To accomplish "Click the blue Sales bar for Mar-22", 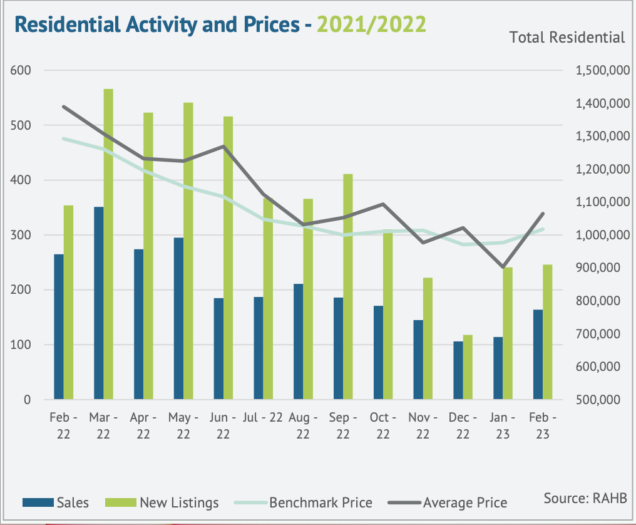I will click(x=98, y=303).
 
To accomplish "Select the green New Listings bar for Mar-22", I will click(x=108, y=244).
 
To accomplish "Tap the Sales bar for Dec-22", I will click(x=458, y=370).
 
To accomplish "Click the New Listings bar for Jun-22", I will click(x=228, y=257).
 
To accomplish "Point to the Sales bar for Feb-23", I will click(x=538, y=354).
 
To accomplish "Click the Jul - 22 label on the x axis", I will click(x=264, y=418).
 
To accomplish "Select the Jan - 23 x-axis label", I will click(x=504, y=425).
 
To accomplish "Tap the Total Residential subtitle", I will click(x=567, y=38).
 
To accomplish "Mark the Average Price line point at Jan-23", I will click(x=503, y=267).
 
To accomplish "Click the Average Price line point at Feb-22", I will click(x=64, y=107).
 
